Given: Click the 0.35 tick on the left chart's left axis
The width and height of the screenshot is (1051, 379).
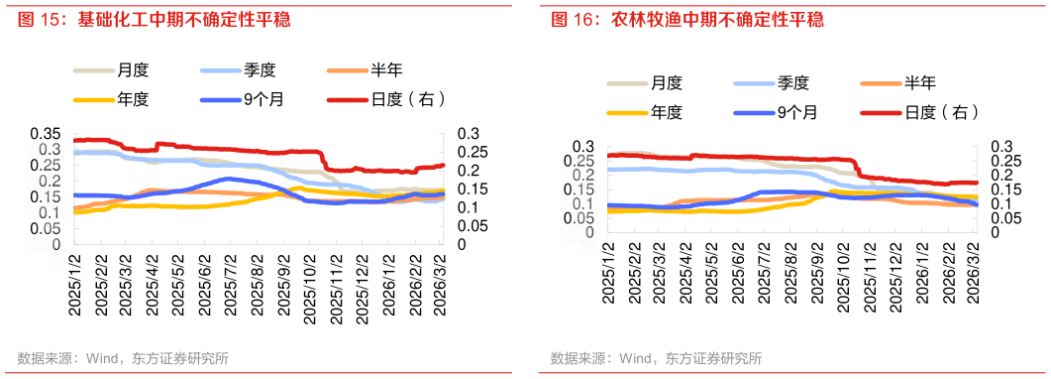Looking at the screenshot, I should tap(47, 134).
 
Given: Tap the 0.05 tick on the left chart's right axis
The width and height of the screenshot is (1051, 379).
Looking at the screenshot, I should tap(471, 226).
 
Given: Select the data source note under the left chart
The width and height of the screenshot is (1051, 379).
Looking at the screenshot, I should tap(123, 358).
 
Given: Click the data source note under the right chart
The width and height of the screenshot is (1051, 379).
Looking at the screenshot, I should tap(657, 358).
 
